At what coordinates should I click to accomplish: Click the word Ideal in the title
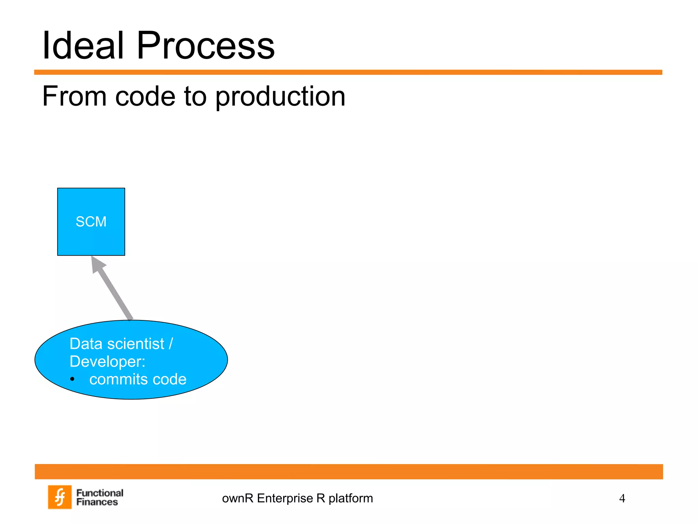coord(82,45)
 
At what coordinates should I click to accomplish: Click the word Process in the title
coord(206,45)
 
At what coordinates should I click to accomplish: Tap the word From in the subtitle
coord(74,96)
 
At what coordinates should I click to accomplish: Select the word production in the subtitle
coord(280,97)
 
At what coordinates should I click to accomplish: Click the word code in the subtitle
coord(145,96)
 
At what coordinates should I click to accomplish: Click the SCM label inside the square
coord(91,222)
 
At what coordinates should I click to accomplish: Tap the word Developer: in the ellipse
coord(107,361)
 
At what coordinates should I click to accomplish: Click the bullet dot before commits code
coord(72,379)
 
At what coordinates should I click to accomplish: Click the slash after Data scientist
coord(171,344)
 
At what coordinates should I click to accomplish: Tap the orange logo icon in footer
coord(60,497)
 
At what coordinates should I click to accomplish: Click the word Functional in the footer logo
coord(100,493)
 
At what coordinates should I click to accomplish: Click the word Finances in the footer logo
coord(97,502)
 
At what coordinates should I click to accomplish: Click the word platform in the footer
coord(351,498)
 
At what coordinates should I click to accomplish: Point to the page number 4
coord(622,498)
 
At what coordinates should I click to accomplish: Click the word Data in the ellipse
coord(86,344)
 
